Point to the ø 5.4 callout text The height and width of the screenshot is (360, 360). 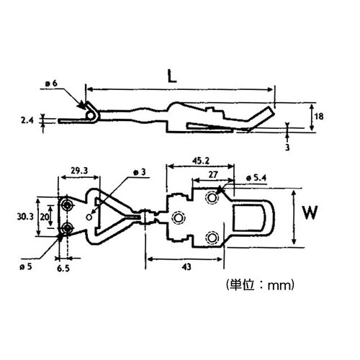click(x=257, y=177)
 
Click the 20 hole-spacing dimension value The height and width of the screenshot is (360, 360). click(x=45, y=216)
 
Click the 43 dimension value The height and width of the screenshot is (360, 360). click(x=186, y=266)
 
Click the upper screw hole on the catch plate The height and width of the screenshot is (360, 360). click(x=67, y=206)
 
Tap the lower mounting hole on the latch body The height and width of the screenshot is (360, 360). click(x=212, y=237)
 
